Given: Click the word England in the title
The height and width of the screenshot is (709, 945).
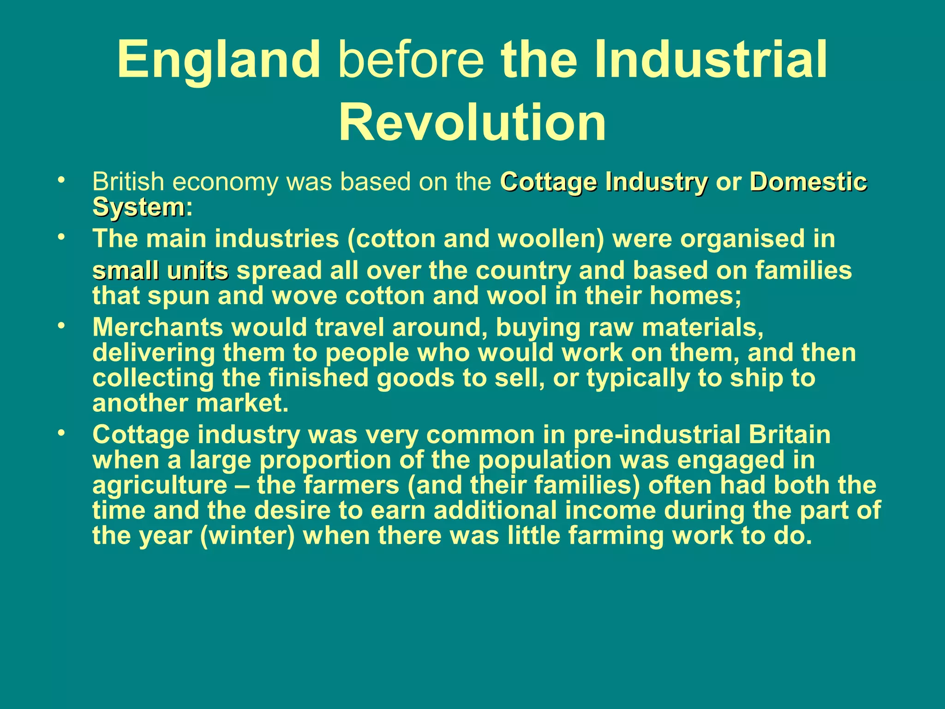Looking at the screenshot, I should click(219, 60).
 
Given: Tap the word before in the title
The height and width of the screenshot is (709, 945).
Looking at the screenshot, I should click(411, 60).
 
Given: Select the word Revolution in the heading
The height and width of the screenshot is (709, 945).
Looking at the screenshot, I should click(472, 122).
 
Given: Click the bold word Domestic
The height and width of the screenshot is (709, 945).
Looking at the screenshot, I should click(808, 182).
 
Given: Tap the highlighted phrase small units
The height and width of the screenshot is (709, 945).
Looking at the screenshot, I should click(160, 271).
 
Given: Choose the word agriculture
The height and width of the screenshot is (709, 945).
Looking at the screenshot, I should click(160, 486).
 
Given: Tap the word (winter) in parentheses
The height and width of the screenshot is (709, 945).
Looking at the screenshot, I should click(247, 536).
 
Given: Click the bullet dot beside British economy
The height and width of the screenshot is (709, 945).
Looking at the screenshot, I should click(60, 180).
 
